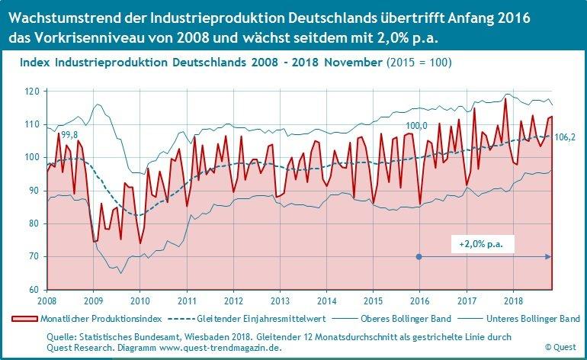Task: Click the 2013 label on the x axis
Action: click(279, 301)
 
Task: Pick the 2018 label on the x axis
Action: click(512, 301)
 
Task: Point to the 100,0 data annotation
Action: click(416, 126)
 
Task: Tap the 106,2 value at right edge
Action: click(565, 137)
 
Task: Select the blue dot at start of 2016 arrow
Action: click(419, 257)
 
